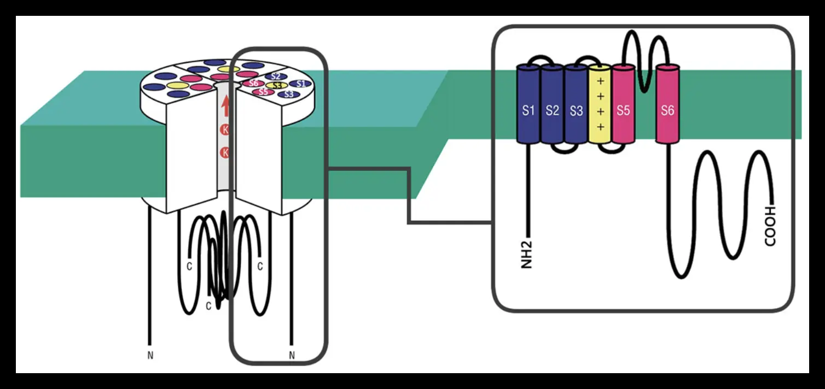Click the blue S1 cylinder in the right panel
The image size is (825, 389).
pyautogui.click(x=528, y=104)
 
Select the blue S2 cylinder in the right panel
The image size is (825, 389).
pyautogui.click(x=552, y=104)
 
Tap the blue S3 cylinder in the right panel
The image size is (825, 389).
pyautogui.click(x=576, y=104)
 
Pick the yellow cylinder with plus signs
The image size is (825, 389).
pyautogui.click(x=600, y=104)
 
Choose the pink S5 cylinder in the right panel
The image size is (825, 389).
pyautogui.click(x=623, y=104)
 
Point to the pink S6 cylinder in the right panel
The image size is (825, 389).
pyautogui.click(x=667, y=104)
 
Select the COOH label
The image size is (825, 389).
pyautogui.click(x=770, y=226)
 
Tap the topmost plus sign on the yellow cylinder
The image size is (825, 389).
pyautogui.click(x=601, y=80)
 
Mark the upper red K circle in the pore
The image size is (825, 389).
pyautogui.click(x=225, y=130)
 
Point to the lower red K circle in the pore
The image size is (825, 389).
pyautogui.click(x=225, y=153)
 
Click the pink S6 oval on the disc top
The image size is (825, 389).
pyautogui.click(x=253, y=83)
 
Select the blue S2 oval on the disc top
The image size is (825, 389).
pyautogui.click(x=276, y=76)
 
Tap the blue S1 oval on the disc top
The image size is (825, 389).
pyautogui.click(x=300, y=84)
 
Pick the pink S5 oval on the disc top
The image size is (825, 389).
pyautogui.click(x=264, y=92)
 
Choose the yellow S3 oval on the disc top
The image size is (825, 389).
pyautogui.click(x=277, y=85)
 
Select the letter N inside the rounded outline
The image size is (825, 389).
pyautogui.click(x=292, y=356)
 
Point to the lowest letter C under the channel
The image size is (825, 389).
pyautogui.click(x=208, y=306)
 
